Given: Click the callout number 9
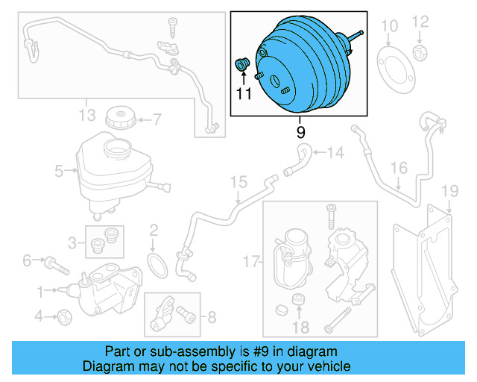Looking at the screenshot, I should click(x=300, y=133).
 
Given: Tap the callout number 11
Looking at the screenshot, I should click(x=244, y=94).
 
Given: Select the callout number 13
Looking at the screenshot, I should click(x=87, y=113).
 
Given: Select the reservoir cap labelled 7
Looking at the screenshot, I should click(x=119, y=118).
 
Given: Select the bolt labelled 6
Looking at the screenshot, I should click(x=55, y=263).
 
